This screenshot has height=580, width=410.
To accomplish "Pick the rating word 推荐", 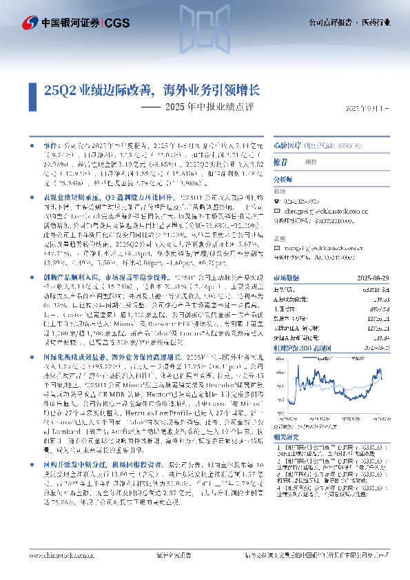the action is tap(280, 162).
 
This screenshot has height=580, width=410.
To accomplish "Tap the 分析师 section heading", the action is tap(283, 177).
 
